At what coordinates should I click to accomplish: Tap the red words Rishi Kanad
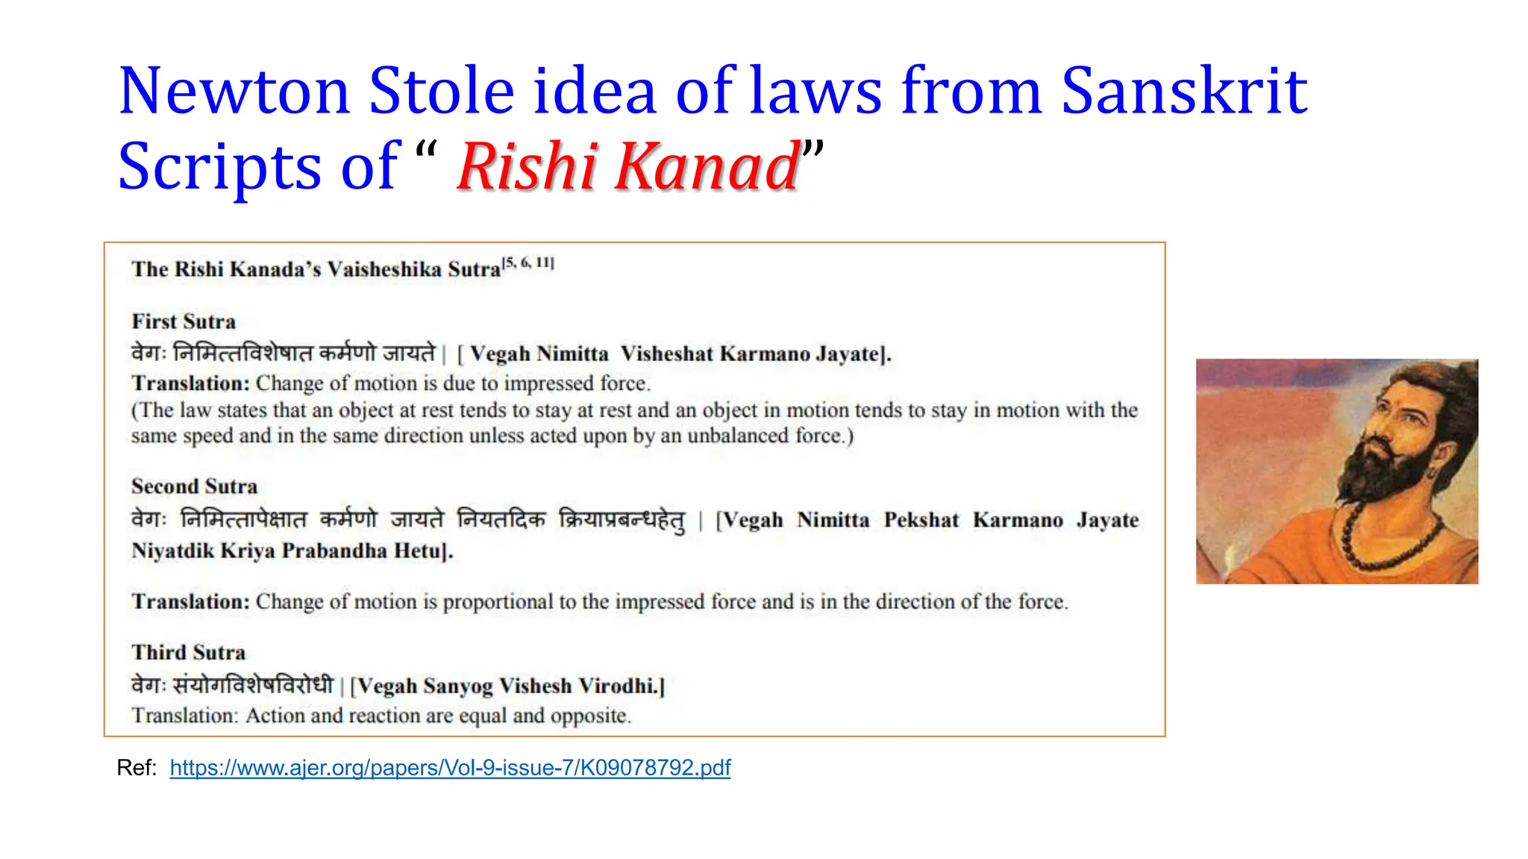click(x=628, y=166)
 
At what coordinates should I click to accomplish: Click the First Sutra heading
click(x=184, y=321)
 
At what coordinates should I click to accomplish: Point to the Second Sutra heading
click(x=195, y=486)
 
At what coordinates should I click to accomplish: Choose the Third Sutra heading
click(x=189, y=652)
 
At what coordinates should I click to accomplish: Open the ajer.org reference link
click(x=450, y=767)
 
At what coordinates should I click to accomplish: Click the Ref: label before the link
click(x=137, y=767)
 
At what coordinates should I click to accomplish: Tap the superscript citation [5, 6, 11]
click(x=528, y=262)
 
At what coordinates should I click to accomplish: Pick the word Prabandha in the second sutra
click(x=334, y=551)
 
